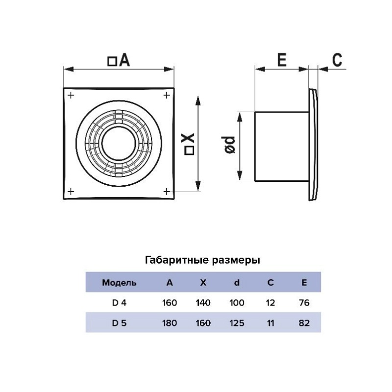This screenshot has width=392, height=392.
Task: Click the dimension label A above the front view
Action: tap(119, 61)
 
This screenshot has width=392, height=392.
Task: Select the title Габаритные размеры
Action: tap(202, 260)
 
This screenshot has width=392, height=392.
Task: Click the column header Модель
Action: tap(119, 283)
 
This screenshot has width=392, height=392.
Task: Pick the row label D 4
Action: tap(119, 303)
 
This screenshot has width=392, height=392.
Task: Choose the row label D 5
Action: tap(119, 323)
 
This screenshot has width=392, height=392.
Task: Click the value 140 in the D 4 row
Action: tap(203, 303)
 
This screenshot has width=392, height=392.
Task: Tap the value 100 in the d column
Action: tap(237, 303)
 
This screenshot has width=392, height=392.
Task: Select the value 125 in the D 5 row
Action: tap(237, 323)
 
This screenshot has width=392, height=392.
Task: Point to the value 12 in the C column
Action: tap(270, 303)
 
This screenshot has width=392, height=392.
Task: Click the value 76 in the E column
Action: tap(304, 303)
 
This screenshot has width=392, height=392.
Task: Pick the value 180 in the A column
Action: tap(169, 323)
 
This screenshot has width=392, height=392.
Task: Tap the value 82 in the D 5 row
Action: tap(304, 323)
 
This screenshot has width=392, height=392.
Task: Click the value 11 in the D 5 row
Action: tap(270, 323)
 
